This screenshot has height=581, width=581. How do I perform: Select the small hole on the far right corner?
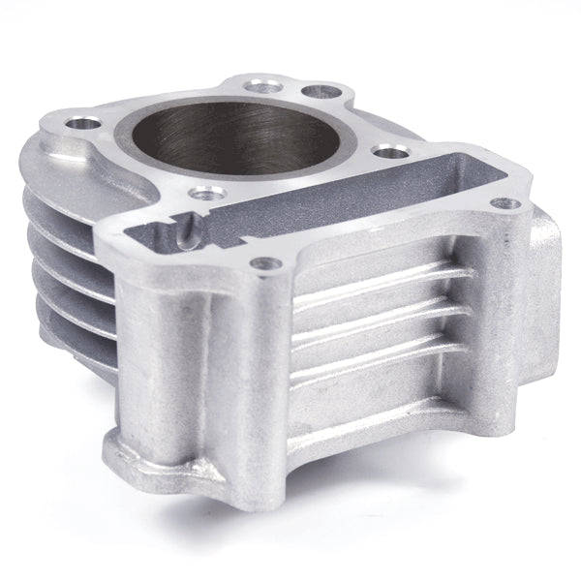(x=501, y=203)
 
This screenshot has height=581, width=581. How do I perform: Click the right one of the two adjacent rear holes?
(x=313, y=92)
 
